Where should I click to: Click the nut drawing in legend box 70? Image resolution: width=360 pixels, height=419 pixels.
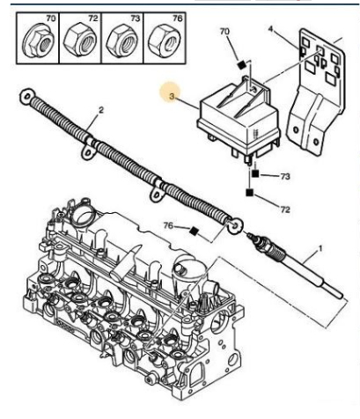38,42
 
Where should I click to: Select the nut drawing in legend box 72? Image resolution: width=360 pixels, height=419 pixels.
80,40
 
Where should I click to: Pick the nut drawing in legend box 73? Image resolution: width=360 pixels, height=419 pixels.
121,40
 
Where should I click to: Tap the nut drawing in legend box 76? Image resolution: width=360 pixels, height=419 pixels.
164,40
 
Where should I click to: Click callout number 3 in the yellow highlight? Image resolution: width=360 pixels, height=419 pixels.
172,96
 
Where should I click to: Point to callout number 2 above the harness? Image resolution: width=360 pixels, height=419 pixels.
101,110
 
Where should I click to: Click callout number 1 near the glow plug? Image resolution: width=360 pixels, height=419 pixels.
320,249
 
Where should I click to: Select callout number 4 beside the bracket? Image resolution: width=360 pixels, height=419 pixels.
270,29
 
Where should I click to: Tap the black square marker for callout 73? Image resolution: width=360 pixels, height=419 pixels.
255,173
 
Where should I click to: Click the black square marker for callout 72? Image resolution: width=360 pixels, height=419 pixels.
249,193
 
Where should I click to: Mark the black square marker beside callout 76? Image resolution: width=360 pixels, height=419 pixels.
194,232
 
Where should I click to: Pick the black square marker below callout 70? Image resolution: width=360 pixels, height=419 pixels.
241,65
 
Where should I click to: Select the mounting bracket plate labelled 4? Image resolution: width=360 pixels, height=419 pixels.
316,91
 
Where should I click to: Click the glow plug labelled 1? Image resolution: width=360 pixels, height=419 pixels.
295,264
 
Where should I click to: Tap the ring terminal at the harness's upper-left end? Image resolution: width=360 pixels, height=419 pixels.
27,97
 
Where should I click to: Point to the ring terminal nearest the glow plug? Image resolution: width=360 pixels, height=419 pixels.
235,225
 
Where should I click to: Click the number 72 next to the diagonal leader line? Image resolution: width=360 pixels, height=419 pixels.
285,209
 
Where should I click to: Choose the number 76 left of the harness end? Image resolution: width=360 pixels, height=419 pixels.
168,225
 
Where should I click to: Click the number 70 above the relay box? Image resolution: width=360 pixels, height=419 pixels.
224,32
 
